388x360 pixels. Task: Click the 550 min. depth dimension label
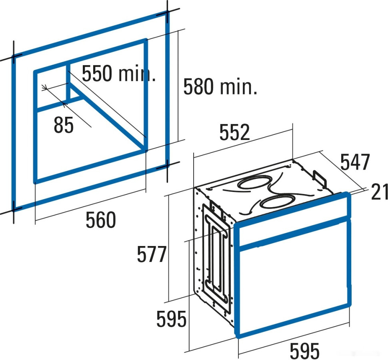pyautogui.click(x=119, y=74)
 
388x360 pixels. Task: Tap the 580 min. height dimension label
pyautogui.click(x=220, y=86)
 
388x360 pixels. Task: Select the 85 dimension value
pyautogui.click(x=64, y=125)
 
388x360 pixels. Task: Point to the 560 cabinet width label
pyautogui.click(x=101, y=220)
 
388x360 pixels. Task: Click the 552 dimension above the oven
pyautogui.click(x=234, y=132)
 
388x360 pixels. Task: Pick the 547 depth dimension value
pyautogui.click(x=355, y=162)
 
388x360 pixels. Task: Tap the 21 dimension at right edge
pyautogui.click(x=379, y=192)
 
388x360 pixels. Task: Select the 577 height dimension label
pyautogui.click(x=152, y=254)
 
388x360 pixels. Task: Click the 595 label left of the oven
pyautogui.click(x=171, y=319)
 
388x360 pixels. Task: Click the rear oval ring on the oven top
pyautogui.click(x=254, y=183)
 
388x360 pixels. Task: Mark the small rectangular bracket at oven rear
pyautogui.click(x=320, y=178)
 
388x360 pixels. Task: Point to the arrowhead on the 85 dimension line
pyautogui.click(x=44, y=87)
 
